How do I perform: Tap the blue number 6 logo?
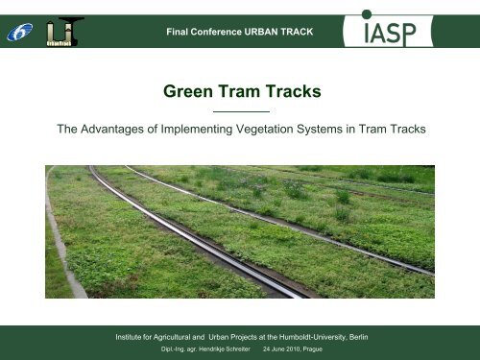19,32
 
